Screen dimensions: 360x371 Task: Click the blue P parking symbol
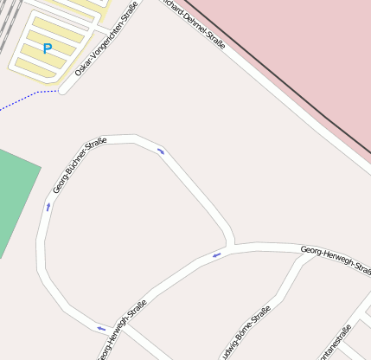coord(47,49)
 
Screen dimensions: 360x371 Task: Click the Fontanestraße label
coord(334,344)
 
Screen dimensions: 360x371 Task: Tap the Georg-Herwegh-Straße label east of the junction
coord(336,260)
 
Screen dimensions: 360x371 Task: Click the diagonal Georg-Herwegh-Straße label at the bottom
coord(121,330)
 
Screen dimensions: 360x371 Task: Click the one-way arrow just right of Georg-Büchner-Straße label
coord(161,152)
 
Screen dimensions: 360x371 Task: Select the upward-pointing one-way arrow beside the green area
coord(48,206)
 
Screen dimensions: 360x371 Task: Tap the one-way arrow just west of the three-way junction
coord(217,254)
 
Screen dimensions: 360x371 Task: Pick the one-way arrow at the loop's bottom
coord(101,328)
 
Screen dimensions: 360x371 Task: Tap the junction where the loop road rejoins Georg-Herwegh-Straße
coord(232,245)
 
